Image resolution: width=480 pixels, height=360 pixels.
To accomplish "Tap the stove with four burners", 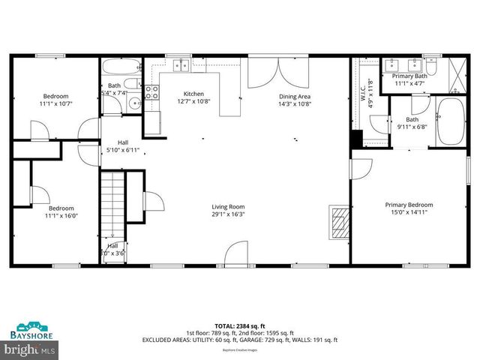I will (x=151, y=92).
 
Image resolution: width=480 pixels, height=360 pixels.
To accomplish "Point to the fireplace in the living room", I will (x=340, y=223).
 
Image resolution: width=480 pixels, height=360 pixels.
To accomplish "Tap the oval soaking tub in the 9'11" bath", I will (x=451, y=121).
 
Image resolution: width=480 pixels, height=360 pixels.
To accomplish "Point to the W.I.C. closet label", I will (x=365, y=95).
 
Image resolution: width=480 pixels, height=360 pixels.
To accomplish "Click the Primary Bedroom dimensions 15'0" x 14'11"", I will (x=409, y=213).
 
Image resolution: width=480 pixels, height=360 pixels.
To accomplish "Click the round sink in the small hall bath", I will (x=133, y=103).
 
